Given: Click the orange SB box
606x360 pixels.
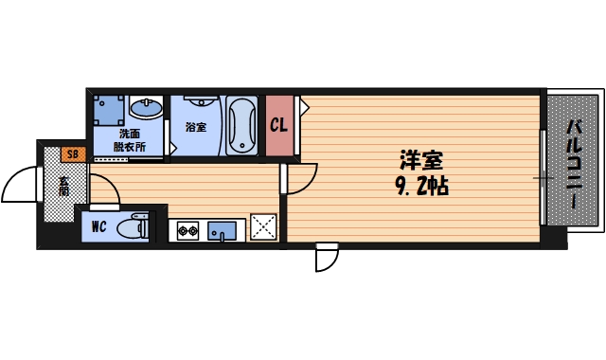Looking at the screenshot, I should point(72,153).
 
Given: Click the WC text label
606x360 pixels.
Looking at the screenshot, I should point(98,227).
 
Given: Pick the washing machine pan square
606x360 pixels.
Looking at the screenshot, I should point(108,110).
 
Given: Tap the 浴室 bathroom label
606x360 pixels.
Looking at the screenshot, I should point(196,126).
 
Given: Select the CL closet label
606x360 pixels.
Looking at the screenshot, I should point(278,125).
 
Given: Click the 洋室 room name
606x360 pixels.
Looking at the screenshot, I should point(419,161).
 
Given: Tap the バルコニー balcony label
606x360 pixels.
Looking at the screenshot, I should point(575,158).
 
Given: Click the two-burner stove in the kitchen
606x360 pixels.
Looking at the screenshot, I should point(187,229).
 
